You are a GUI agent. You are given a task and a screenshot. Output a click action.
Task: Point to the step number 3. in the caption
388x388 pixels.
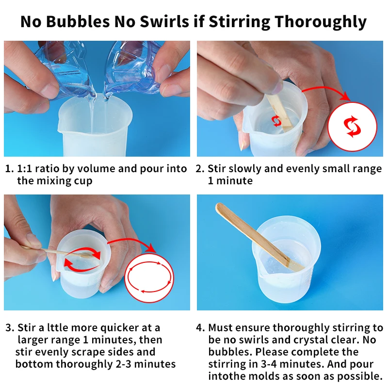coord(10,327)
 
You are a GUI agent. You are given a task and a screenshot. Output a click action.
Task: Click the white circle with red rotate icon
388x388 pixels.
coord(352,127)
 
